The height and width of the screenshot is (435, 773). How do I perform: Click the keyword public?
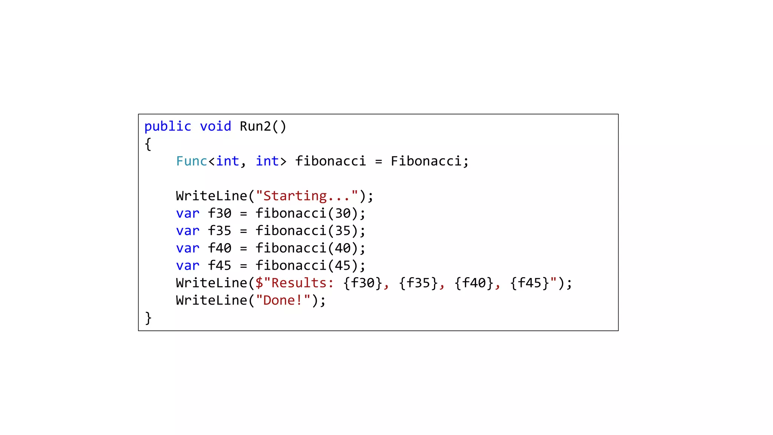[x=168, y=126]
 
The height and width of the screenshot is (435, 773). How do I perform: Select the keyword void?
[x=215, y=126]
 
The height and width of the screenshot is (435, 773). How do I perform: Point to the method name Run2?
[x=255, y=126]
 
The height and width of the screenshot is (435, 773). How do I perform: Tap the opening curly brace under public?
[x=148, y=144]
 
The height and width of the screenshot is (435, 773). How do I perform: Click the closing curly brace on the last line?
[x=148, y=318]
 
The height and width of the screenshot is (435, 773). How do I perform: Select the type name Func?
[x=191, y=161]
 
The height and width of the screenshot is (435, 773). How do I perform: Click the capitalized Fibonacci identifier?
[x=426, y=161]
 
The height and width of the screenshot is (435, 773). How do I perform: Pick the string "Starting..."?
[x=306, y=196]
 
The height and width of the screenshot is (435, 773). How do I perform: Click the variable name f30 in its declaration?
[x=219, y=213]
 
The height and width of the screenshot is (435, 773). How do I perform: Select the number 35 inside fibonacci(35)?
[x=343, y=231]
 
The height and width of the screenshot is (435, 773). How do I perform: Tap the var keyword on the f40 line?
[x=188, y=248]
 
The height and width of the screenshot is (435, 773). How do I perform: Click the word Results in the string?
[x=299, y=283]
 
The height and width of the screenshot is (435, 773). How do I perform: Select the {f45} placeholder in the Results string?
[x=529, y=283]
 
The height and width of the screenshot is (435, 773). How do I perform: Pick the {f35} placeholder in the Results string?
[x=418, y=283]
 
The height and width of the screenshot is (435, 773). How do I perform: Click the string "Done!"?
[x=283, y=301]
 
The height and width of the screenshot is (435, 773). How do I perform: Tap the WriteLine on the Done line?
[x=211, y=301]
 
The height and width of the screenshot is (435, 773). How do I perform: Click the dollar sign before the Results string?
[x=259, y=283]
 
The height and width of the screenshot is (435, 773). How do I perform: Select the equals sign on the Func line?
[x=379, y=162]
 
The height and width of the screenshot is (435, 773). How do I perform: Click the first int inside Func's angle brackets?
[x=227, y=161]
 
